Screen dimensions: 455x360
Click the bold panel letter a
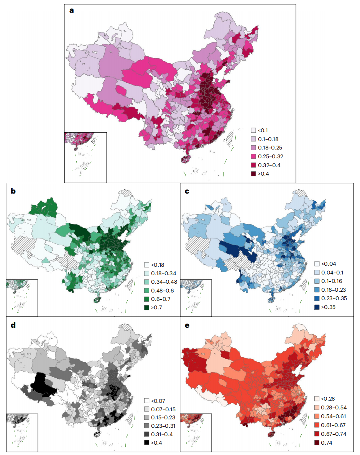point(71,10)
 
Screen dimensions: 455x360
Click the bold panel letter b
point(13,191)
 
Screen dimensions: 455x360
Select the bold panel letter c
point(187,191)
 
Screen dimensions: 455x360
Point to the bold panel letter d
point(13,325)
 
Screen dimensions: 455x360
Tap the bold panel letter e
point(187,325)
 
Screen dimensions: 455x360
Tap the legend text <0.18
point(158,264)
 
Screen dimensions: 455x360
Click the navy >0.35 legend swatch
point(317,307)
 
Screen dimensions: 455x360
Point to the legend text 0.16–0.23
point(334,290)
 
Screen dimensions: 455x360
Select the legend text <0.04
point(328,264)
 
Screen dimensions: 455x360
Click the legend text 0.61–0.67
point(334,425)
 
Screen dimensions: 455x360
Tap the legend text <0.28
point(328,399)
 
